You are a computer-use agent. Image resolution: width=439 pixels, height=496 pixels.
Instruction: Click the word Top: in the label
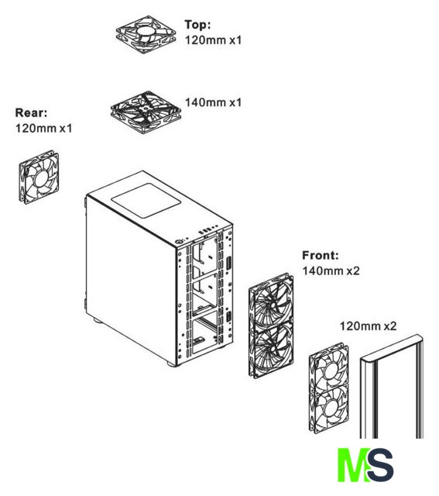coord(197,24)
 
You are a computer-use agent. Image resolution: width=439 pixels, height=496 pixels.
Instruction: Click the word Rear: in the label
coord(31,112)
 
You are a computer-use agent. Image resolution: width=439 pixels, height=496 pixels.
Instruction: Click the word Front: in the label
coord(321,255)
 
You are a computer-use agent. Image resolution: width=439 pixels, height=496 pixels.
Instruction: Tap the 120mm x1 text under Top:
coord(213,40)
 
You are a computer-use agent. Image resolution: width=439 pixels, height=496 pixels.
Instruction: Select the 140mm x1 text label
coord(213,102)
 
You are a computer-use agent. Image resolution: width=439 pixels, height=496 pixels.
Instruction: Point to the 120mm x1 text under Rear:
coord(43,128)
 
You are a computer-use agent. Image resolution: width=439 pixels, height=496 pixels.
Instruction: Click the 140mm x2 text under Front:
coord(331,270)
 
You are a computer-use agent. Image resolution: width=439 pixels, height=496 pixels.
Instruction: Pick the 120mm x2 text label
coord(368,325)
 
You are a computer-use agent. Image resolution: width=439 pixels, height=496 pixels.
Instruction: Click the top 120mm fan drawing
coord(146,34)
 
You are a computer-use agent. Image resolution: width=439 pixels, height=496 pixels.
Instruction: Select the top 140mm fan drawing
coord(146,112)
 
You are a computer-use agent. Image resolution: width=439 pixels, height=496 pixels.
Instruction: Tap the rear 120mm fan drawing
coord(39,177)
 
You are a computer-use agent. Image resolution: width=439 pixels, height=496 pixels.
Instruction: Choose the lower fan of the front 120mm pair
coord(329,410)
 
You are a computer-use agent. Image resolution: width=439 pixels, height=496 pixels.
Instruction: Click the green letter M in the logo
coord(352,465)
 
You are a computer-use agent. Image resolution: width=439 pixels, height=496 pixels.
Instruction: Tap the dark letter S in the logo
coord(380,465)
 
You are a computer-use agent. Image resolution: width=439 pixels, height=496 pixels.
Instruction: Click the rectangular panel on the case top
coord(145,201)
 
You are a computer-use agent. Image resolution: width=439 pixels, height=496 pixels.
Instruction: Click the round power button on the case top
coord(180,242)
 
